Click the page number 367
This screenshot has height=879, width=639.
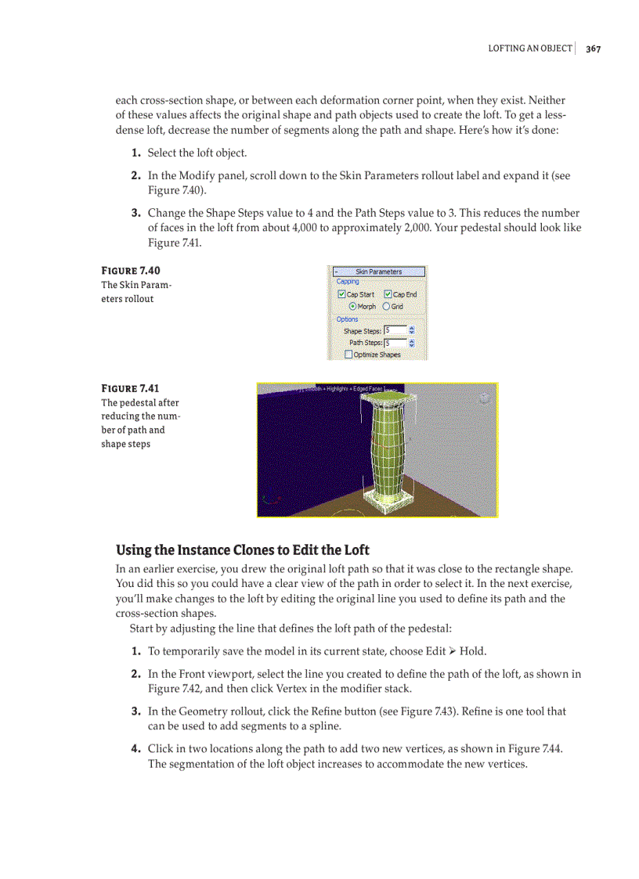593,49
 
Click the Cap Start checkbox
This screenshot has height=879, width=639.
341,294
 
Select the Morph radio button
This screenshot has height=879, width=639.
352,307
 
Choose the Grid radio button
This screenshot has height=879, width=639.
386,307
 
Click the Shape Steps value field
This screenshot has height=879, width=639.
395,331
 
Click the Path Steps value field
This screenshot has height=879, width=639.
395,343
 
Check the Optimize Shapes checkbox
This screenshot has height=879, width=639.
348,355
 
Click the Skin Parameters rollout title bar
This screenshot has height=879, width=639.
378,272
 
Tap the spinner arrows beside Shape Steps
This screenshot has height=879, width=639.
412,331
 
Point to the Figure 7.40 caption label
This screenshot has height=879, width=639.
131,271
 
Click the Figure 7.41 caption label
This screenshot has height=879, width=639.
131,388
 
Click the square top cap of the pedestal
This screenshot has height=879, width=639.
384,402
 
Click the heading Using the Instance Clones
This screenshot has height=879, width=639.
243,549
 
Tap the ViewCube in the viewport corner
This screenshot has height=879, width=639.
484,398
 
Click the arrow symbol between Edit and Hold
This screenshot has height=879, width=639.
453,651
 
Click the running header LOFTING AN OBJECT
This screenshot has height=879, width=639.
530,49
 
